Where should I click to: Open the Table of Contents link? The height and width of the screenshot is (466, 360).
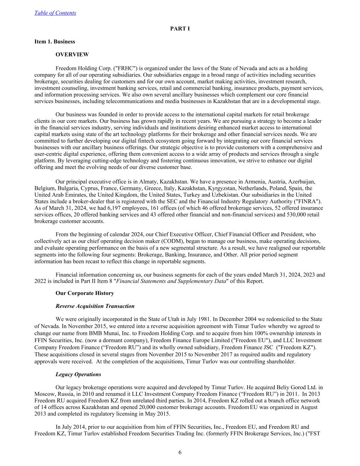point(55,13)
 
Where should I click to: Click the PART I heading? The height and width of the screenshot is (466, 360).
point(180,29)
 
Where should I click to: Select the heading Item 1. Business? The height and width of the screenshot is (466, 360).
point(55,42)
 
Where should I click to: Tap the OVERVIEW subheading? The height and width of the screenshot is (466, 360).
point(72,55)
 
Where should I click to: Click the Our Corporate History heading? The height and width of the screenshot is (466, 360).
point(85,293)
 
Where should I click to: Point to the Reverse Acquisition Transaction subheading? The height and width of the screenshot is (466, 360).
point(95,306)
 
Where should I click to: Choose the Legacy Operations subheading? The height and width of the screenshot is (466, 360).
point(78,375)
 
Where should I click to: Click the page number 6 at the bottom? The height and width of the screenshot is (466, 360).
point(180,453)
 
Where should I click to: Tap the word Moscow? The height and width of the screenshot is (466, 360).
point(44,394)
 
